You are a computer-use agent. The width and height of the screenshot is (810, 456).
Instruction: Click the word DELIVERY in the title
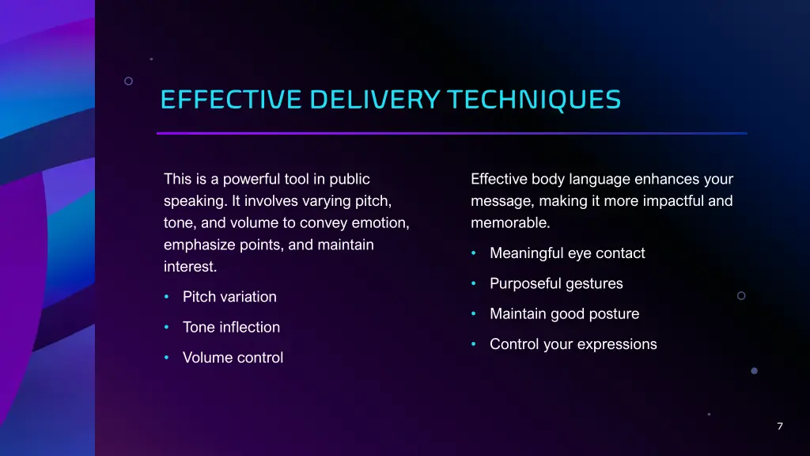(374, 100)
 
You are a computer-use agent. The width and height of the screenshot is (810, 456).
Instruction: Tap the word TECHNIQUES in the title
(534, 100)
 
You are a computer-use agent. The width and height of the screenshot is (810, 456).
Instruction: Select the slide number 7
(780, 427)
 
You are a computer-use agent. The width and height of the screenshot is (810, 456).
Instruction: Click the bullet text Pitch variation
(229, 297)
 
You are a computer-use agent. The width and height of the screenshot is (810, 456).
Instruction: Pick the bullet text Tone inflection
(231, 327)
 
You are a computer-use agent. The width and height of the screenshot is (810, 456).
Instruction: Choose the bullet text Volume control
(233, 358)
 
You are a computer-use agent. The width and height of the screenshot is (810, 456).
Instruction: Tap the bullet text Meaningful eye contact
(567, 253)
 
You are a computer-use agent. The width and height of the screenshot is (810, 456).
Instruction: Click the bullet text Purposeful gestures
(556, 283)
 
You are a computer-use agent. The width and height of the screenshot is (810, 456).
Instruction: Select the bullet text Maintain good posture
(564, 314)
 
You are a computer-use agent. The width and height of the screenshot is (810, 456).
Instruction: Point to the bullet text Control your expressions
(573, 344)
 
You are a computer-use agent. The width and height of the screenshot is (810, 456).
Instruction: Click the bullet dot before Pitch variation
(167, 297)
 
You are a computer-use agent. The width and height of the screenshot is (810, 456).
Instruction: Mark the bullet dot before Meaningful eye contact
(474, 253)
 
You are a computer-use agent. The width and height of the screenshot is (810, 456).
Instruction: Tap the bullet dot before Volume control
(167, 358)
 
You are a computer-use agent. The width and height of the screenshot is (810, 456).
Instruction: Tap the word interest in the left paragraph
(190, 267)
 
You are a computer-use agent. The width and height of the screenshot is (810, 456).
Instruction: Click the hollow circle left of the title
(128, 81)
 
